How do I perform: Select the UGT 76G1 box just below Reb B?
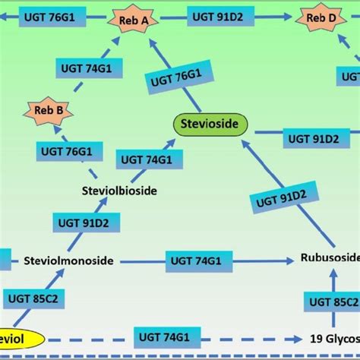(69, 150)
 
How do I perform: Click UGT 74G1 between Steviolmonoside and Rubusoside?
(194, 261)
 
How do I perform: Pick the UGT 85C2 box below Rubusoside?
(335, 302)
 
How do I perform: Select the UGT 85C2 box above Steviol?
(33, 298)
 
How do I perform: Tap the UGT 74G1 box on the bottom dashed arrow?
(163, 335)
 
